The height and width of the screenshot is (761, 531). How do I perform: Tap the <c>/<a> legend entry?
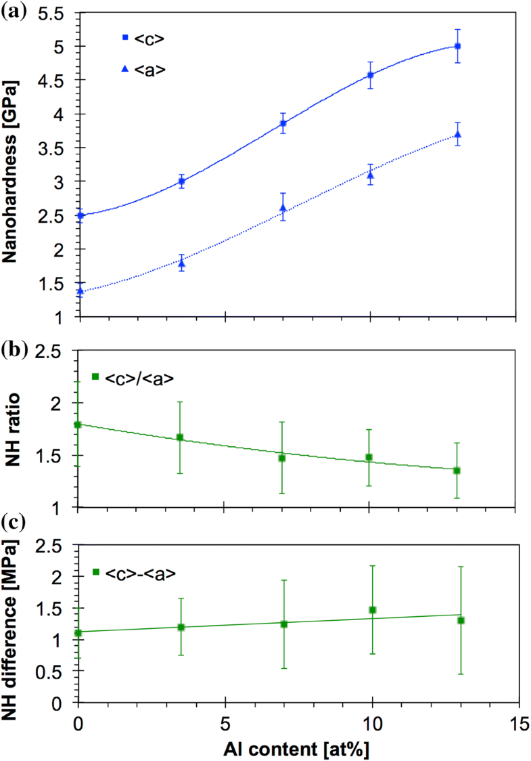133,377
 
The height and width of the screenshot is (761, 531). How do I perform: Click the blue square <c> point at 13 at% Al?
458,46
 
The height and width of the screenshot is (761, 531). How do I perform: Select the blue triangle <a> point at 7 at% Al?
283,207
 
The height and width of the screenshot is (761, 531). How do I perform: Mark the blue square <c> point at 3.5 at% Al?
181,181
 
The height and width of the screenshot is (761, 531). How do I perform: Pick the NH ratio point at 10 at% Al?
369,458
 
